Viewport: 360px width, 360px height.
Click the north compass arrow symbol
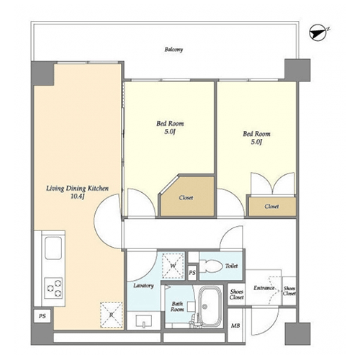(318, 33)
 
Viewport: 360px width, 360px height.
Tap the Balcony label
(174, 50)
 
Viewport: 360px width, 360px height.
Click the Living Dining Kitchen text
(77, 189)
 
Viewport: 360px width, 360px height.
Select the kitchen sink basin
(53, 248)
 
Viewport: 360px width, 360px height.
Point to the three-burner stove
(53, 288)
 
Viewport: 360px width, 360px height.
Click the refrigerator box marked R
(111, 315)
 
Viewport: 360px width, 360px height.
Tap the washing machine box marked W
(173, 266)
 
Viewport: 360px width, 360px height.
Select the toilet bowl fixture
(210, 266)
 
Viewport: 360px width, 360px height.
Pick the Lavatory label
(143, 286)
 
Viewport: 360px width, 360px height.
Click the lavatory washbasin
(144, 321)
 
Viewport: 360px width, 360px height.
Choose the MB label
(235, 325)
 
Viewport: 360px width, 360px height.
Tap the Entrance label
(264, 288)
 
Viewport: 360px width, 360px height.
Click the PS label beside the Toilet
(192, 273)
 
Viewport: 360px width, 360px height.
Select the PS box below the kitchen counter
(42, 316)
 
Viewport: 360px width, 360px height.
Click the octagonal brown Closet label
(186, 198)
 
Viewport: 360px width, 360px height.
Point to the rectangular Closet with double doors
(272, 206)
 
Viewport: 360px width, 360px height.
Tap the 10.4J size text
(77, 197)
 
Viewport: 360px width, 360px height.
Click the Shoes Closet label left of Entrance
(237, 294)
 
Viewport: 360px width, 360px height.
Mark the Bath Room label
(177, 307)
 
